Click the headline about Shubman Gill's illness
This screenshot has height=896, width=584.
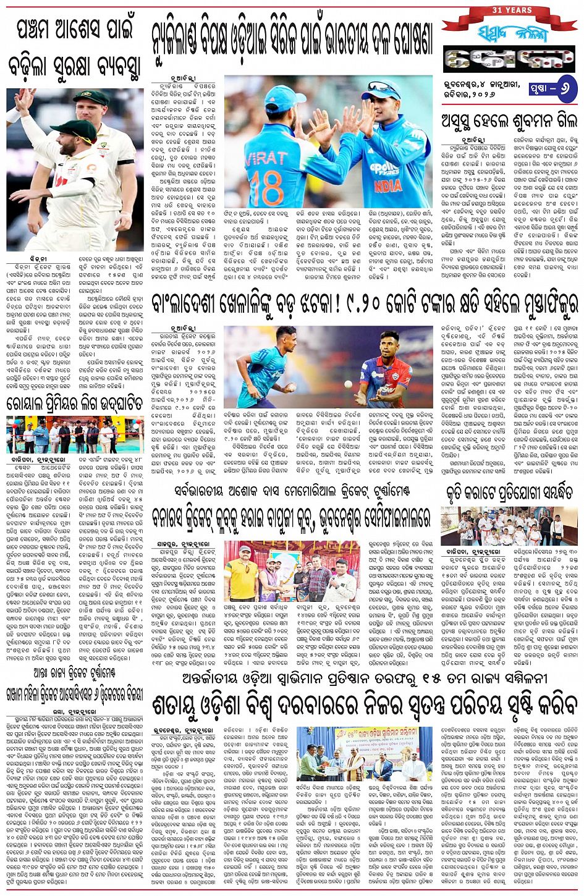pos(509,122)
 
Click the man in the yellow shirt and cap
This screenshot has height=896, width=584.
pos(242,578)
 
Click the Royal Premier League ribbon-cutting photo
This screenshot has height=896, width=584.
pos(74,435)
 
